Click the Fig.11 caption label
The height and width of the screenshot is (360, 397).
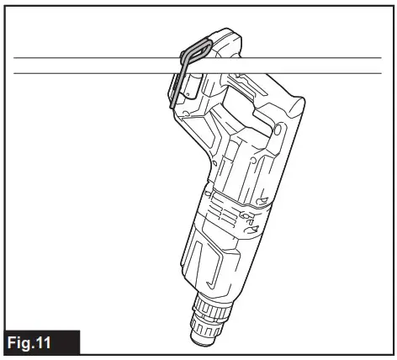pos(40,343)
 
